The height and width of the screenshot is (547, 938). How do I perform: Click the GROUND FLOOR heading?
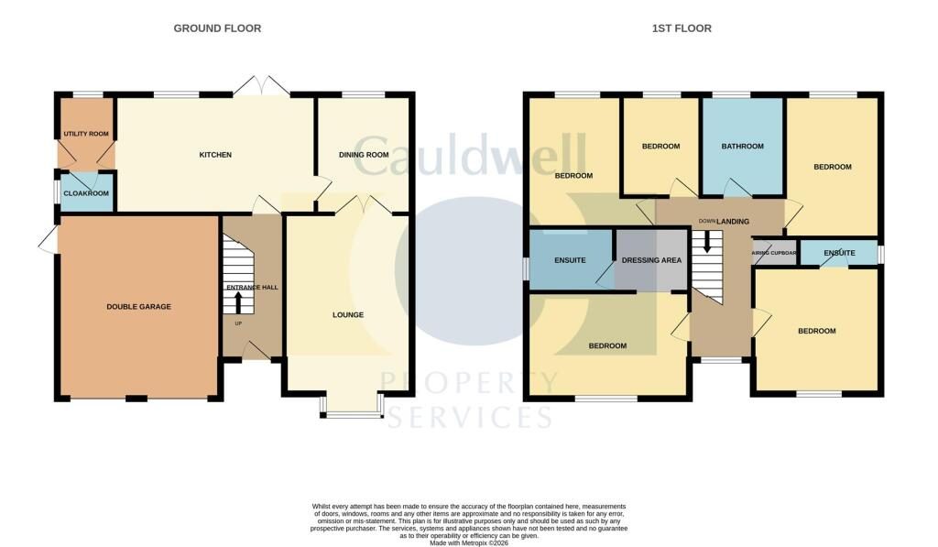pos(217,28)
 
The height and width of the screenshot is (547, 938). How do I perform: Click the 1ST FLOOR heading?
pos(682,28)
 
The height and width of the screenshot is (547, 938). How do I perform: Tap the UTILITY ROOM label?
pos(86,134)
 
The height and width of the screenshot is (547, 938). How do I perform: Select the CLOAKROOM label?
pos(86,193)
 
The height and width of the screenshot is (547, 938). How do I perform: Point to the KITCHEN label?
pos(215,155)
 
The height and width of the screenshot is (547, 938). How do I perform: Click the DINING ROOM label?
pos(364,155)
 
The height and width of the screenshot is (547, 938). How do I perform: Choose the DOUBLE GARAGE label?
pos(139,306)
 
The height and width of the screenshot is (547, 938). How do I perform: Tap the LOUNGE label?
pos(348,315)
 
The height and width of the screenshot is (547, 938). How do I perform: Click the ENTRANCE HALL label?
pos(252,288)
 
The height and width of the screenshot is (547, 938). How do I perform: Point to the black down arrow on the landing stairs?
pos(707,241)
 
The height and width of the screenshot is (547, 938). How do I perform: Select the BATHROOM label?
pos(742,146)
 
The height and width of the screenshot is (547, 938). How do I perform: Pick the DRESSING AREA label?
pos(651,260)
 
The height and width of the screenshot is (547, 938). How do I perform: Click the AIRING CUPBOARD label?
pos(774,253)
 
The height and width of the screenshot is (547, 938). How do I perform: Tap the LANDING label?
pos(733,222)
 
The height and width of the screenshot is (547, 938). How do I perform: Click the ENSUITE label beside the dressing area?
pos(570,260)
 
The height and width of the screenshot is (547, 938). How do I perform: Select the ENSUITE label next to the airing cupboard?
pos(839,253)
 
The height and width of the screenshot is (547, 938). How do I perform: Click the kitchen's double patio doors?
pos(261,85)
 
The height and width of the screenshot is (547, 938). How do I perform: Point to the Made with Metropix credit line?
pos(469,542)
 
